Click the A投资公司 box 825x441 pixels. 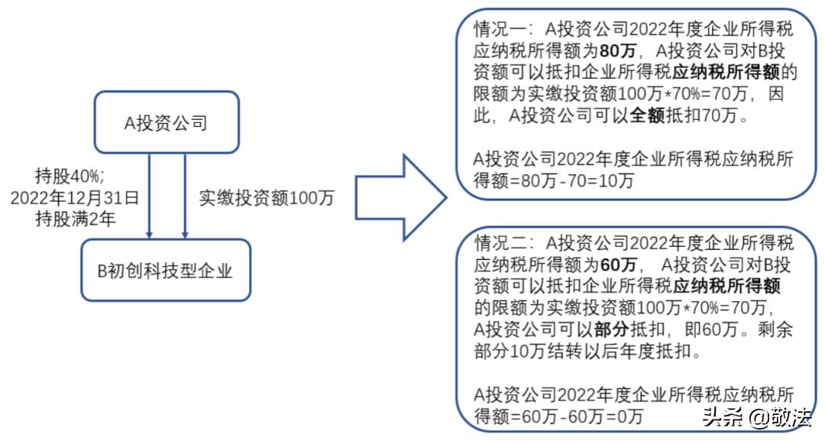tap(166, 122)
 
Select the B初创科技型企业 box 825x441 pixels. tap(166, 270)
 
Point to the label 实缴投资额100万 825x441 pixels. tap(266, 196)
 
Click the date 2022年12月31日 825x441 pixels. tap(75, 197)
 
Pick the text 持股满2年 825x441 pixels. tap(75, 219)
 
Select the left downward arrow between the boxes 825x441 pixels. tap(150, 195)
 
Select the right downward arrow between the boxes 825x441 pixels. tap(185, 195)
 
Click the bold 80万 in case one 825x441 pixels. tap(616, 52)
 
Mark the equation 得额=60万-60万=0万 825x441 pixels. tap(558, 416)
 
